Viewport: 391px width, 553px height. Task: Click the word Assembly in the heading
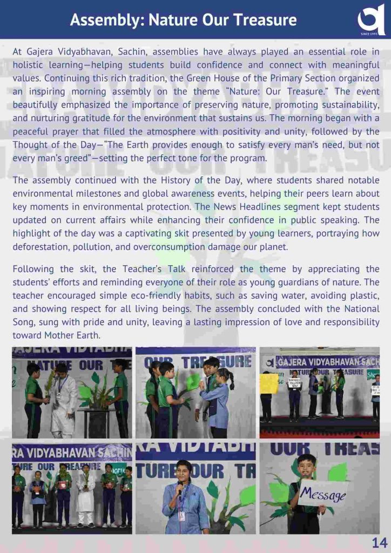pos(103,21)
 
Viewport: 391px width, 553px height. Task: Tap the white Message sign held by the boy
pos(323,493)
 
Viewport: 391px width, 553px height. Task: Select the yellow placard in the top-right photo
pos(268,383)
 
